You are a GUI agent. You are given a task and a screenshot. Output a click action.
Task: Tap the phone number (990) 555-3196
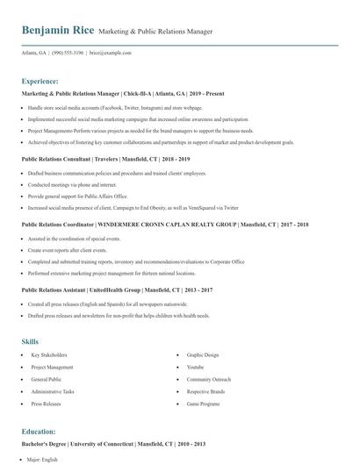pos(69,53)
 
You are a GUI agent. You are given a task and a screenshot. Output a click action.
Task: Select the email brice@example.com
pos(111,53)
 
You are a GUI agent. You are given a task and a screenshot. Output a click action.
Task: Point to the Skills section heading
pos(31,340)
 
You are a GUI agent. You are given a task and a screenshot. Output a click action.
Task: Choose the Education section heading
pos(40,433)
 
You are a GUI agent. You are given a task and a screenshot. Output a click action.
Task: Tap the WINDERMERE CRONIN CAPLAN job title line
pos(164,225)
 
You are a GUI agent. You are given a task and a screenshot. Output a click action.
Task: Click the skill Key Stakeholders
pos(49,355)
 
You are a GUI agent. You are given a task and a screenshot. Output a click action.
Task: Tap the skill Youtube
pos(195,368)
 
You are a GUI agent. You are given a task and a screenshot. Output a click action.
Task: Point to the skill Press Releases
pos(46,404)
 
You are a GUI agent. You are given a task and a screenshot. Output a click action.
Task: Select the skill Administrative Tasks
pos(53,392)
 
